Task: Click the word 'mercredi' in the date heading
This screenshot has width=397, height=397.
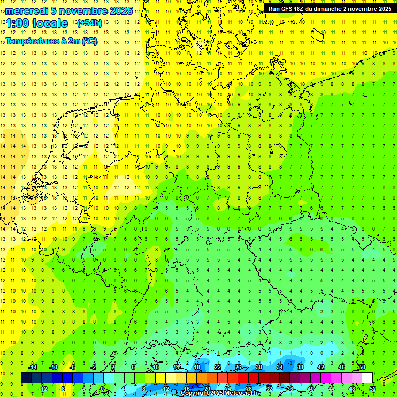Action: (x=26, y=11)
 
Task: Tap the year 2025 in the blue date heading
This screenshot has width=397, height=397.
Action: (x=120, y=11)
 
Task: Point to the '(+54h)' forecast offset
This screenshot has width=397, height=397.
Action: (x=89, y=23)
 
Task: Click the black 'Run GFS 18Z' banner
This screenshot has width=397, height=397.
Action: (x=329, y=9)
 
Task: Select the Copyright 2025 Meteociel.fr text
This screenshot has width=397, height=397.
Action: (x=220, y=393)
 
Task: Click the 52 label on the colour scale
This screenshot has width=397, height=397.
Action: (x=372, y=389)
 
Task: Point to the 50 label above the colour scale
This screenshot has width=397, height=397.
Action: (x=362, y=367)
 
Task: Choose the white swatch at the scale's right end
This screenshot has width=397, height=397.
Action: (x=368, y=378)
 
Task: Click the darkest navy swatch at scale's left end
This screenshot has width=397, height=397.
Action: (x=26, y=378)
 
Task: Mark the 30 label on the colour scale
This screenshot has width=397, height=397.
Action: (x=258, y=367)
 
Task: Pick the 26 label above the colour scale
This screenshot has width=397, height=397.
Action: (x=238, y=367)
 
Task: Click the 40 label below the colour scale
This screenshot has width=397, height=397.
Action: (x=310, y=389)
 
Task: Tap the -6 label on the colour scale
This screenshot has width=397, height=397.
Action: (x=73, y=367)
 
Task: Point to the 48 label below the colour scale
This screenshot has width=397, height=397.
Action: (x=352, y=389)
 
